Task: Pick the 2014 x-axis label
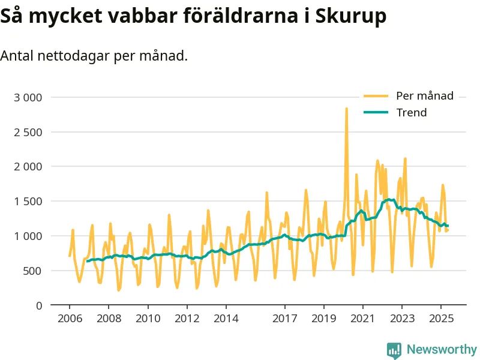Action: (x=225, y=318)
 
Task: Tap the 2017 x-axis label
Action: (x=284, y=318)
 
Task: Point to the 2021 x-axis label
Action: (x=362, y=318)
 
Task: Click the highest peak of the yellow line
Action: (x=346, y=109)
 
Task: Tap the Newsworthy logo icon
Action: (x=394, y=350)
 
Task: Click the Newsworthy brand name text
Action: (x=442, y=350)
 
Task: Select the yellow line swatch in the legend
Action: (x=376, y=96)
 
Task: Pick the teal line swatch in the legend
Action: (x=376, y=112)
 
